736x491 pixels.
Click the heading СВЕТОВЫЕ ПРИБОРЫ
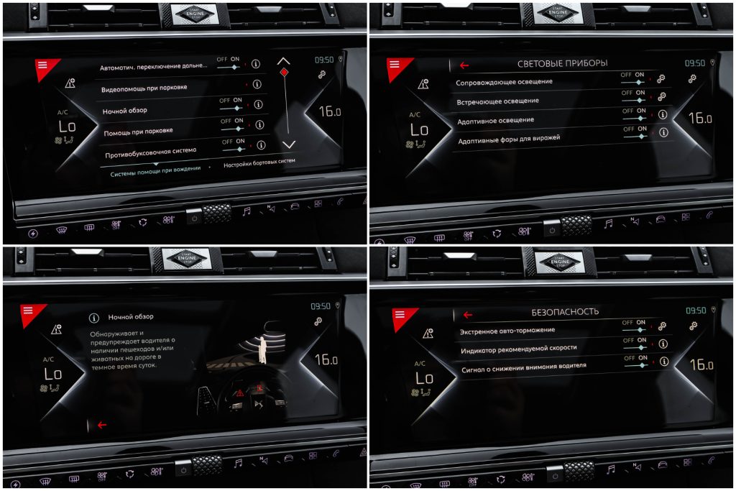pyautogui.click(x=562, y=63)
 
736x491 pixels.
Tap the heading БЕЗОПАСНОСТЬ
pyautogui.click(x=565, y=312)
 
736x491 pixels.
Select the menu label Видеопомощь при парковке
pyautogui.click(x=144, y=88)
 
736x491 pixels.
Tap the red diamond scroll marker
pyautogui.click(x=284, y=72)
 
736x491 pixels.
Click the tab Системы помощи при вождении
pyautogui.click(x=155, y=171)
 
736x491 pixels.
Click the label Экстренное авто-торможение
pyautogui.click(x=507, y=331)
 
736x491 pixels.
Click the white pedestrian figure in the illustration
pyautogui.click(x=263, y=349)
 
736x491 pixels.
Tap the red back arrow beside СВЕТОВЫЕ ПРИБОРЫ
pyautogui.click(x=464, y=65)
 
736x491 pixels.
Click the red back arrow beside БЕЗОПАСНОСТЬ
pyautogui.click(x=467, y=314)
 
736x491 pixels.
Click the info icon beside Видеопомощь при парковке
pyautogui.click(x=257, y=85)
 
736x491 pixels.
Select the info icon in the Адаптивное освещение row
pyautogui.click(x=662, y=114)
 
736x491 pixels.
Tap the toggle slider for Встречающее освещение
pyautogui.click(x=634, y=100)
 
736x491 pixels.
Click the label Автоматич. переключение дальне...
pyautogui.click(x=153, y=67)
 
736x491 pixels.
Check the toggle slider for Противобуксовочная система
pyautogui.click(x=234, y=150)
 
